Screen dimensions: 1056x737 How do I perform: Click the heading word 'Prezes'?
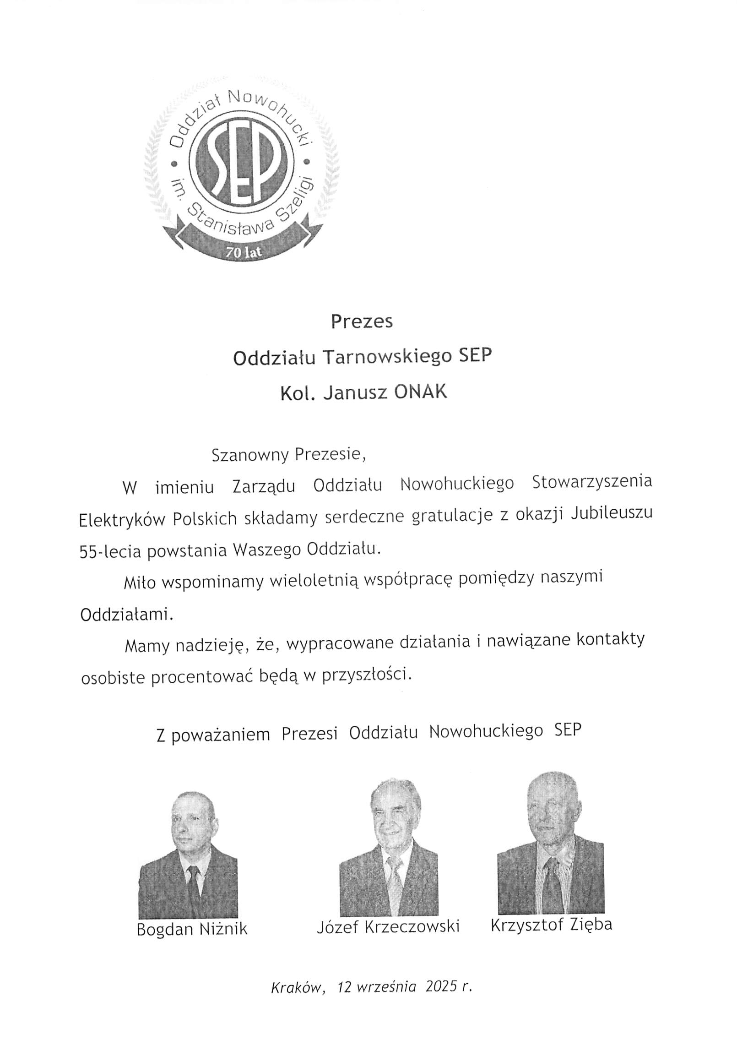point(361,322)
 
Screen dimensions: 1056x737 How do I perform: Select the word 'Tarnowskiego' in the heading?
point(387,357)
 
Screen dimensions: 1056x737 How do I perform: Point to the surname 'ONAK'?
point(420,392)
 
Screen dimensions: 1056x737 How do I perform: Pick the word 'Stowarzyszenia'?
point(592,482)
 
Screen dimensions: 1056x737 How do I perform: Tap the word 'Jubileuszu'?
point(612,514)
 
